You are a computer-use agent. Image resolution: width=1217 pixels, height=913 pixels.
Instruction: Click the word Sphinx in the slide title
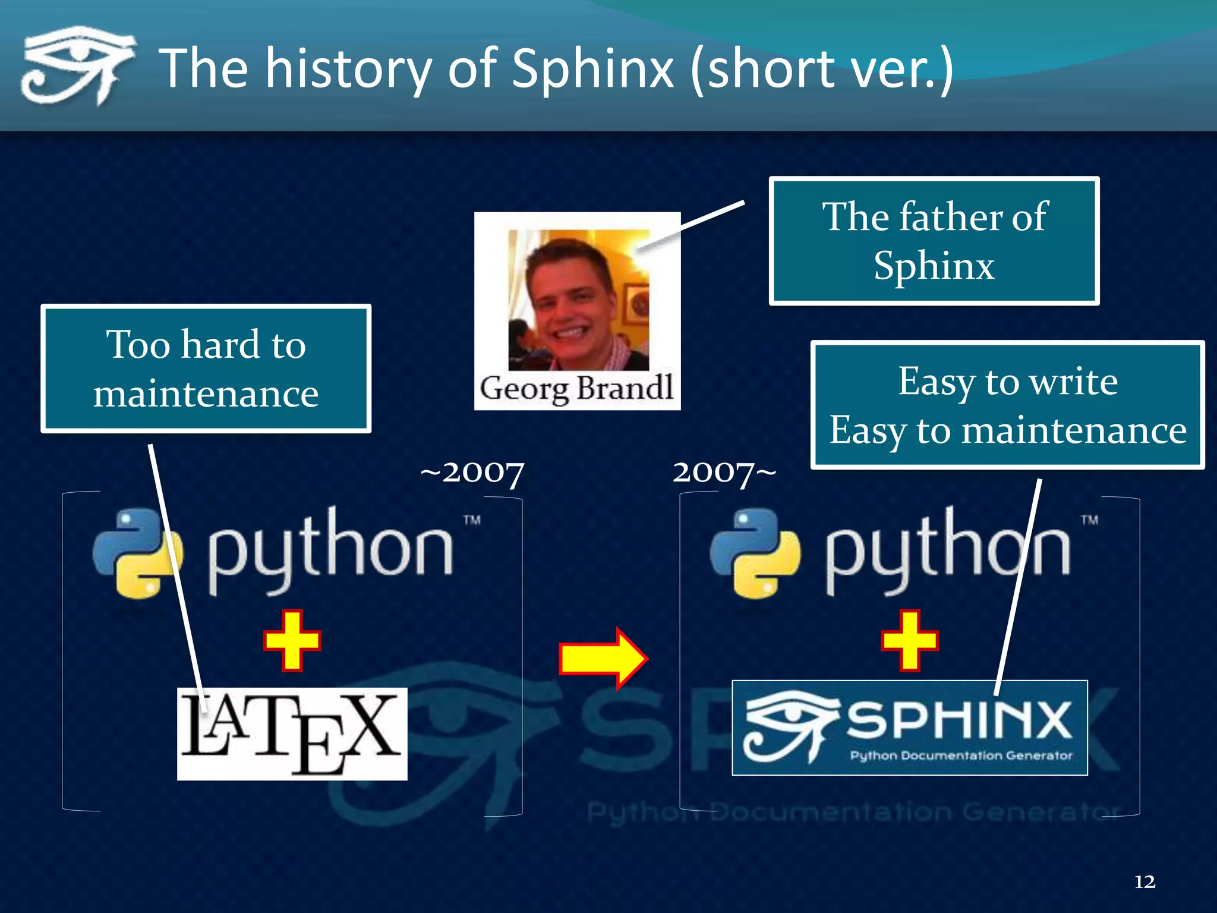point(592,70)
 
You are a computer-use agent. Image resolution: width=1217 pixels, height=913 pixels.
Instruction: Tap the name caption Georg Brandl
point(576,389)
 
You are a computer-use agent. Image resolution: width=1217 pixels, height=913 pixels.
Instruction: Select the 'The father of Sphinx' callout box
point(934,241)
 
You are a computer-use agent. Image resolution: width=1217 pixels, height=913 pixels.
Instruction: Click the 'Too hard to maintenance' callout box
point(206,369)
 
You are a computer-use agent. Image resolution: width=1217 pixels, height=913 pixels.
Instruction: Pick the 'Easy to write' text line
point(1007,381)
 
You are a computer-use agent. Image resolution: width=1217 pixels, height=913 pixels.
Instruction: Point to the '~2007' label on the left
point(472,473)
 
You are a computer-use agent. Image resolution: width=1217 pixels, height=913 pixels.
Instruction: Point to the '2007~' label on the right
point(724,473)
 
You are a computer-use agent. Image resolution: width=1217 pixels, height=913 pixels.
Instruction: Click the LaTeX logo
point(292,734)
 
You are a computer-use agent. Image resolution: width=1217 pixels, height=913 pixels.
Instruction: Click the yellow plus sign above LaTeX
point(292,641)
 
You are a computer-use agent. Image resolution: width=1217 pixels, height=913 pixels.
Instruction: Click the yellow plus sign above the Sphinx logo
point(910,641)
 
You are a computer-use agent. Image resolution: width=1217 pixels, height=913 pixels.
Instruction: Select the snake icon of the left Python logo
point(138,553)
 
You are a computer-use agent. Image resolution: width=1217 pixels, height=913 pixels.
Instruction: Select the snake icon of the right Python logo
point(755,553)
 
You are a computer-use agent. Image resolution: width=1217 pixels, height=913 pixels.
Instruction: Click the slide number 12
point(1145,881)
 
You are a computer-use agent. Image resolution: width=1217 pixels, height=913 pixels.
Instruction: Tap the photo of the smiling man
point(578,300)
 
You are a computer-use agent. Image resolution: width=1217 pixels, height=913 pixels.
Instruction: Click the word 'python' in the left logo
point(330,550)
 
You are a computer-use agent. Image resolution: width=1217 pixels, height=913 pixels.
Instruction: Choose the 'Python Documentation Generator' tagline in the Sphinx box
point(961,755)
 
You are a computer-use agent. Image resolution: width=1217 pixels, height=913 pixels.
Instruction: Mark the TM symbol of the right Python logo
point(1089,520)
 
